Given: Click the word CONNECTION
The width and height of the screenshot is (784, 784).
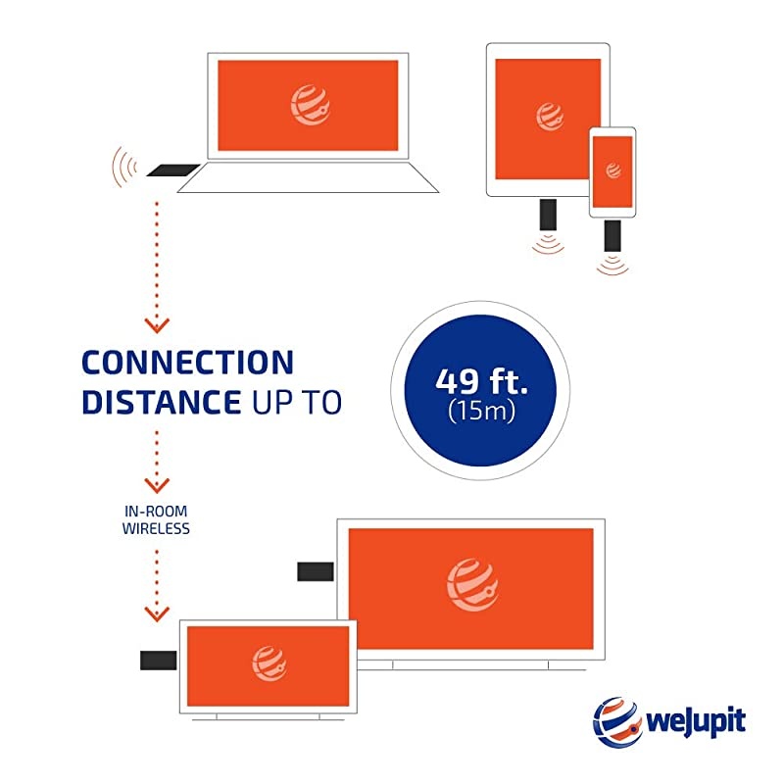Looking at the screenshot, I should tap(187, 362).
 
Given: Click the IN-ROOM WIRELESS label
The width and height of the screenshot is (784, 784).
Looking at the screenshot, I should tap(156, 520).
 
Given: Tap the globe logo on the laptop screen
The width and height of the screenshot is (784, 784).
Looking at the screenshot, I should tap(310, 106).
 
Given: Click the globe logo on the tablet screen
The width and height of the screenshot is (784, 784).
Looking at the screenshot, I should tap(550, 117).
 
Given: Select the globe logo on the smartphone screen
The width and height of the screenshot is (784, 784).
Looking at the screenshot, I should tap(612, 171).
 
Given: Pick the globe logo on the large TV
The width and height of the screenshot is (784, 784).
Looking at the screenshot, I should tap(471, 585).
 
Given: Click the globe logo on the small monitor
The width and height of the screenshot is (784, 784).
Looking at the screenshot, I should tap(269, 664).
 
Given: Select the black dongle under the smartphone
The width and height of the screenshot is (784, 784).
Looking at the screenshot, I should tap(613, 234).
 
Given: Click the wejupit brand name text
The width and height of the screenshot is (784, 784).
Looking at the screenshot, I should tap(697, 723).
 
